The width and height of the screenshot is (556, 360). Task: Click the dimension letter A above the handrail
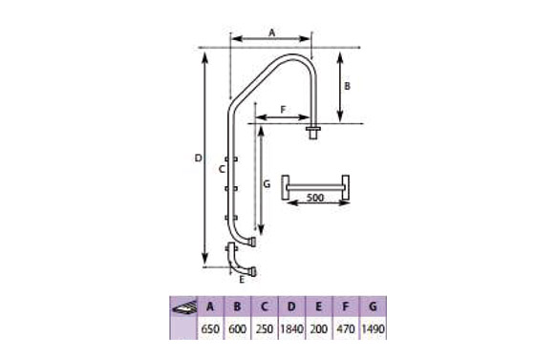tap(271, 33)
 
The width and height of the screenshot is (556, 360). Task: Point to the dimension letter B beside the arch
tap(347, 86)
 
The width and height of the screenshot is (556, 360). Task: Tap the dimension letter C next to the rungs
tap(222, 169)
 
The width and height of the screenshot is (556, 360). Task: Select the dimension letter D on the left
tap(198, 158)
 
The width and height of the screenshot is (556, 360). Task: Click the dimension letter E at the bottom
tap(242, 280)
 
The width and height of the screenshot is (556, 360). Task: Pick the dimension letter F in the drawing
tap(283, 110)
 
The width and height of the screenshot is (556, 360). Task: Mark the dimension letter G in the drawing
tap(267, 184)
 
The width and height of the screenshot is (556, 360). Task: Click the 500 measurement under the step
tap(315, 198)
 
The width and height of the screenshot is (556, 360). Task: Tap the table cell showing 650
tap(210, 329)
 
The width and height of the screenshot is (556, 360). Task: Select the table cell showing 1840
tap(291, 329)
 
